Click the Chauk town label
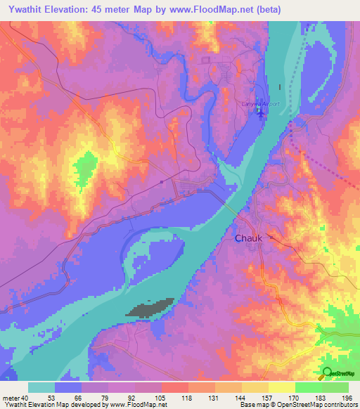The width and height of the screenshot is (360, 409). coord(248,238)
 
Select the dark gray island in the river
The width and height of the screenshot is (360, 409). coord(150,307)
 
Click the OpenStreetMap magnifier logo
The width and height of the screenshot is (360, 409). coord(327,373)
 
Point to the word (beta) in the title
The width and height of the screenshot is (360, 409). coord(304,8)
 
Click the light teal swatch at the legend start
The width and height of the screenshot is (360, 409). coord(41,387)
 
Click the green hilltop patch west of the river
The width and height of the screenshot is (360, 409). coord(84,169)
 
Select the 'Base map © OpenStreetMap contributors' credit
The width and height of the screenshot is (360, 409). coord(298,405)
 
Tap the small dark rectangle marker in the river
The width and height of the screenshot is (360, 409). coord(281,87)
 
